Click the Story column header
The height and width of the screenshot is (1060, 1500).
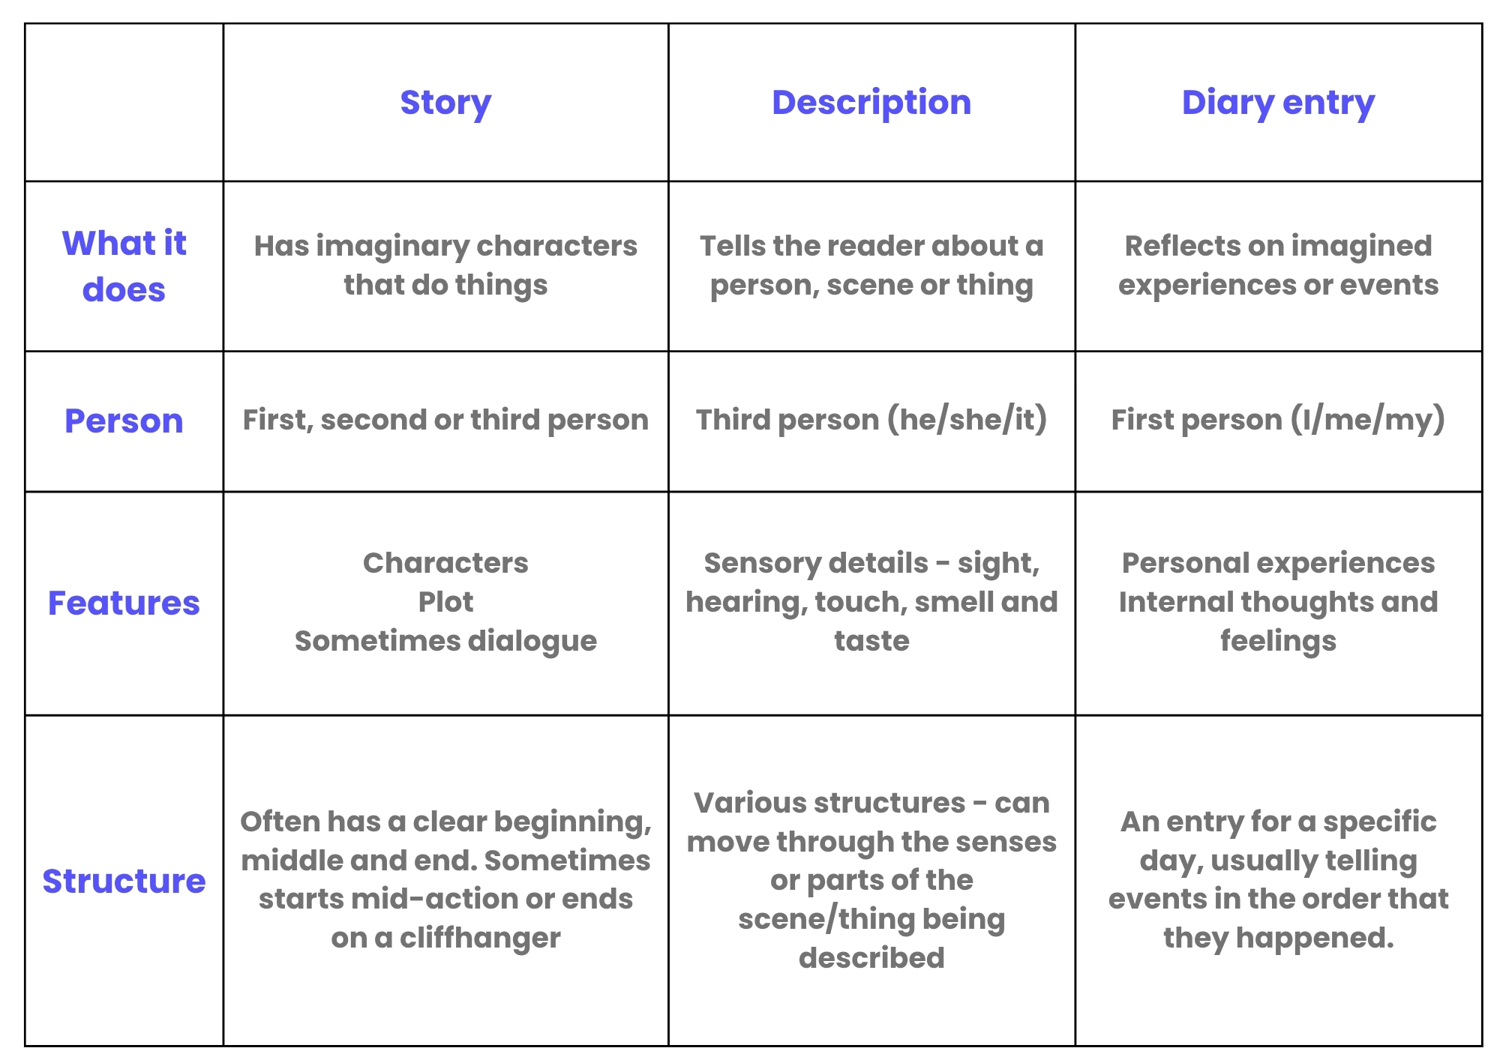tap(445, 103)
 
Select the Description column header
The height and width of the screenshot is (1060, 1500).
tap(871, 103)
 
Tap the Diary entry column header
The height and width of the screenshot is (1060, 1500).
tap(1278, 103)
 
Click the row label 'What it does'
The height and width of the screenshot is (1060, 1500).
tap(124, 266)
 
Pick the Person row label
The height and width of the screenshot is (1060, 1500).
tap(124, 421)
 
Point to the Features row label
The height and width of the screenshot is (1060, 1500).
tap(124, 603)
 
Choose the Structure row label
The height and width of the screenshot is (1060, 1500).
tap(124, 881)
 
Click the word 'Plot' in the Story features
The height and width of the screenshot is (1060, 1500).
tap(445, 602)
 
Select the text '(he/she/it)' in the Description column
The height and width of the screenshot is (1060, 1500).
tap(967, 420)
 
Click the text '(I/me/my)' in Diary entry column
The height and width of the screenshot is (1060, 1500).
tap(1367, 420)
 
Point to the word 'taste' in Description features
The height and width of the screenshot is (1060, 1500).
tap(871, 641)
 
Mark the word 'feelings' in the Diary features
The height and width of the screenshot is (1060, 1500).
tap(1278, 641)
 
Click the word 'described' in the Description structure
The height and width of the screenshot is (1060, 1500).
tap(871, 958)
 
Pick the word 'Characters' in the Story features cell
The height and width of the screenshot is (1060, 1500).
tap(445, 563)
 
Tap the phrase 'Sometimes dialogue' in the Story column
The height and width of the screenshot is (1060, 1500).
tap(445, 641)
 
